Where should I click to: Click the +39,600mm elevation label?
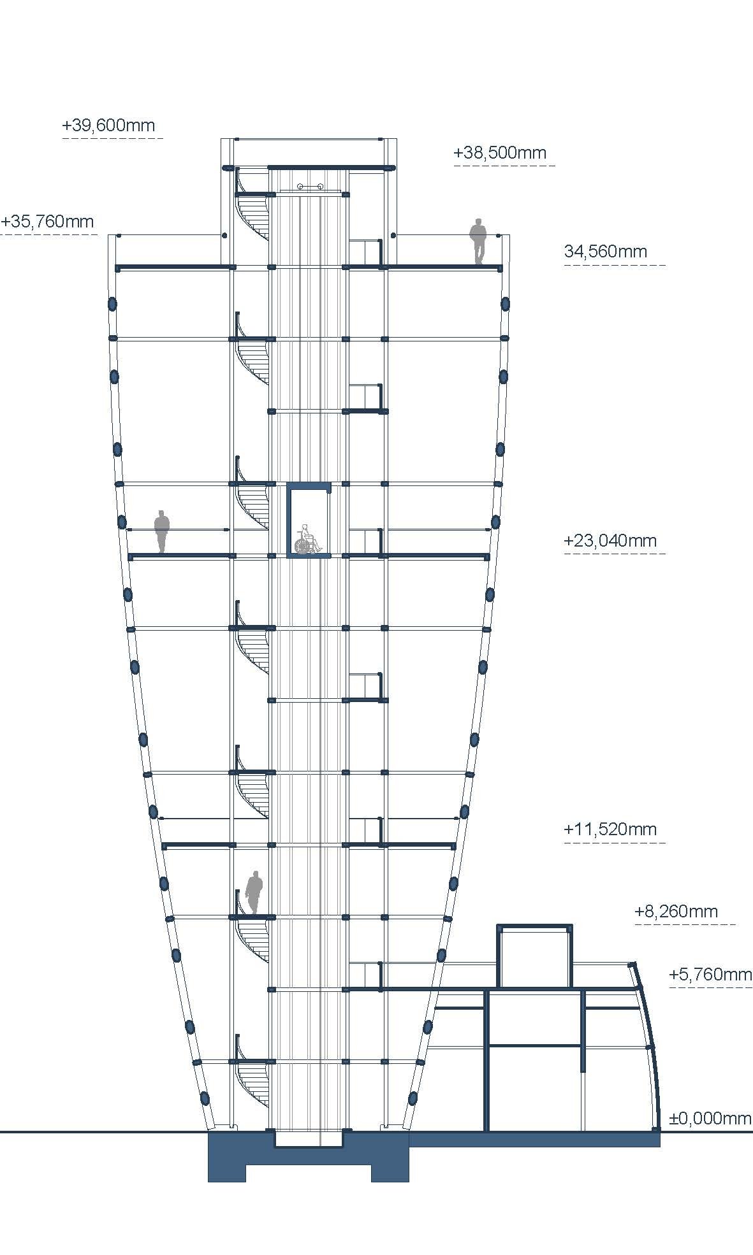pyautogui.click(x=108, y=125)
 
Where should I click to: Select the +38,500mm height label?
pyautogui.click(x=500, y=153)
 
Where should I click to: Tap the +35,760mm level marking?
pyautogui.click(x=47, y=222)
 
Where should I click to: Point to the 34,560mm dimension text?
pyautogui.click(x=606, y=252)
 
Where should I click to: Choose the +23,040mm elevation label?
pyautogui.click(x=610, y=541)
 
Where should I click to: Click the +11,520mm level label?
pyautogui.click(x=610, y=829)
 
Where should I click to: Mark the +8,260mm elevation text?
pyautogui.click(x=676, y=912)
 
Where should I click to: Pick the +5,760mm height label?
pyautogui.click(x=710, y=975)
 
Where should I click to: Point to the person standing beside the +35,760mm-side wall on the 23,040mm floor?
pyautogui.click(x=162, y=531)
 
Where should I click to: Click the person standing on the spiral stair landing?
pyautogui.click(x=254, y=893)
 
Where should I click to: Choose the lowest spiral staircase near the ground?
pyautogui.click(x=252, y=1083)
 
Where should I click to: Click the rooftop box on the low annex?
pyautogui.click(x=534, y=956)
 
